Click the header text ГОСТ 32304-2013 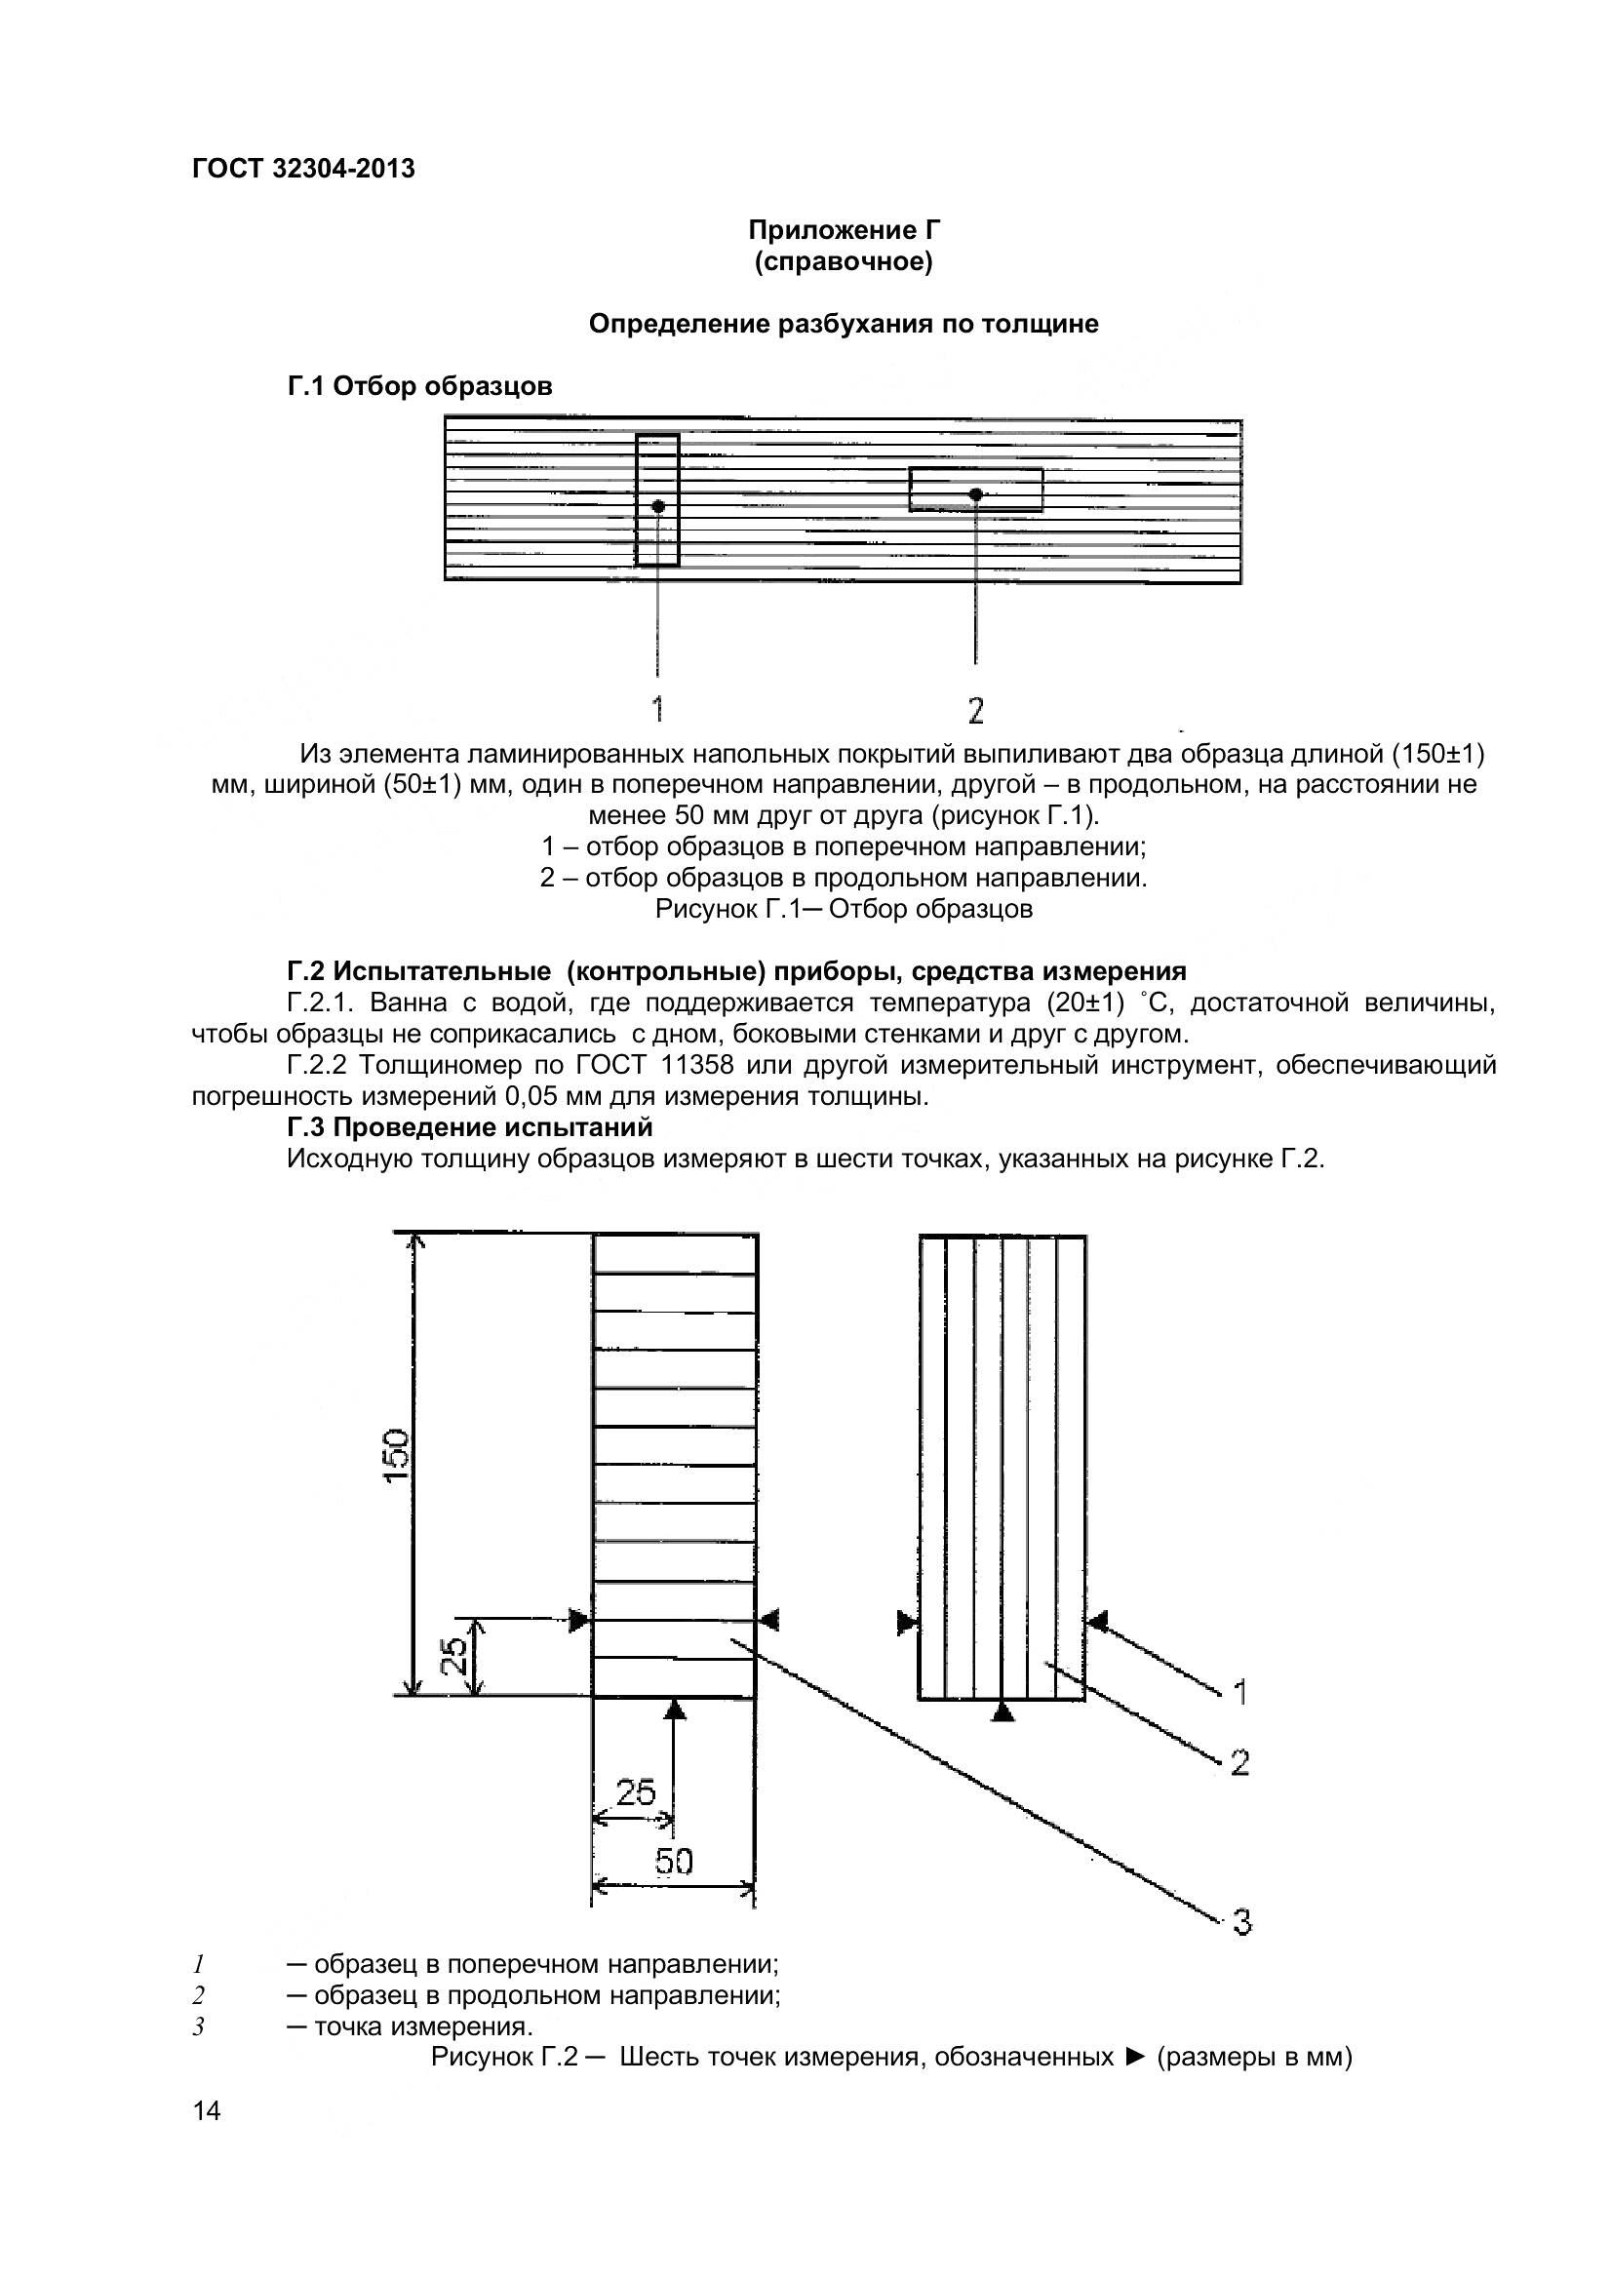[303, 169]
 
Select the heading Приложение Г [844, 230]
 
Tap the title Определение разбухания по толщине [844, 324]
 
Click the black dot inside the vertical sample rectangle [657, 506]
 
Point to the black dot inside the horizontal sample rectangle [975, 493]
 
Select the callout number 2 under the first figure [975, 709]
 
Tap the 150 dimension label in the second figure [396, 1456]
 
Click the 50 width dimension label [674, 1861]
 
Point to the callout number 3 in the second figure [1241, 1922]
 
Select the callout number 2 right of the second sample [1238, 1763]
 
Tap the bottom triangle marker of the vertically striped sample [1003, 1711]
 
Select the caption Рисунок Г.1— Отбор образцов [844, 909]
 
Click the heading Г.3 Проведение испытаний [470, 1127]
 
